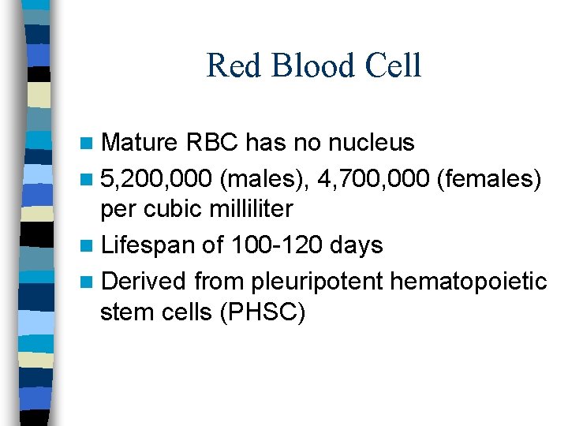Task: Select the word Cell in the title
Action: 392,65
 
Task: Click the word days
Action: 356,245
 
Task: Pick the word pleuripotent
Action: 304,280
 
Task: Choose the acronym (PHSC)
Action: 263,312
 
